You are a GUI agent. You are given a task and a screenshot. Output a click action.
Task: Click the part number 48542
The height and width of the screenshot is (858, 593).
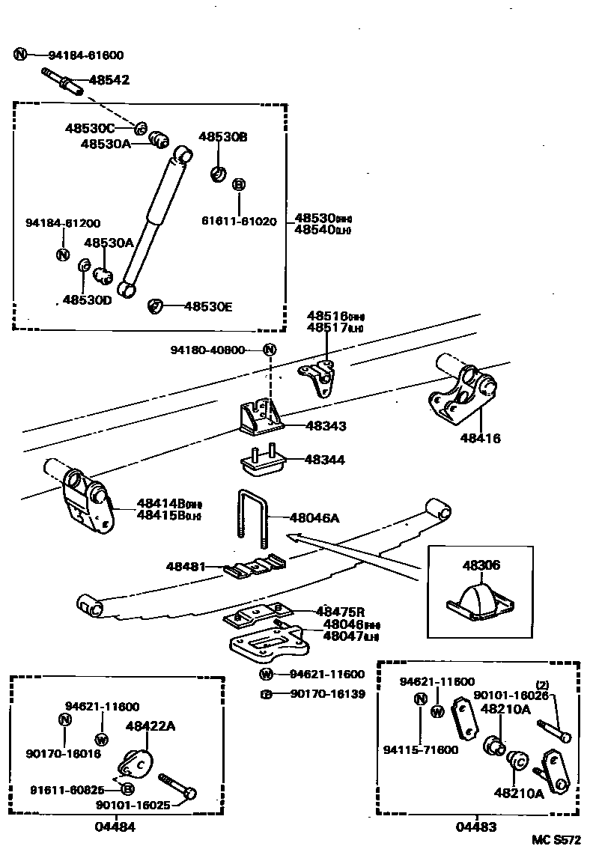click(x=109, y=79)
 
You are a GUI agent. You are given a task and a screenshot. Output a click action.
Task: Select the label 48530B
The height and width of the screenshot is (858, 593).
click(x=222, y=136)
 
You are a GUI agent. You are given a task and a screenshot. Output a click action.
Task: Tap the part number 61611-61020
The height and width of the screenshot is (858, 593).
click(x=239, y=222)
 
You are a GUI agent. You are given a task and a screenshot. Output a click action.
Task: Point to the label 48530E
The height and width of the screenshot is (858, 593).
click(x=208, y=306)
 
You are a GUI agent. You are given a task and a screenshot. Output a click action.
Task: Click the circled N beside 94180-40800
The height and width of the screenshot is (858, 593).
click(x=270, y=350)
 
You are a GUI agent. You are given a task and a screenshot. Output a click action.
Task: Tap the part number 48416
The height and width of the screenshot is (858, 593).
click(x=481, y=439)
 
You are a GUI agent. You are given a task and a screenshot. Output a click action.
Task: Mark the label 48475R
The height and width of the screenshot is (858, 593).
click(x=340, y=612)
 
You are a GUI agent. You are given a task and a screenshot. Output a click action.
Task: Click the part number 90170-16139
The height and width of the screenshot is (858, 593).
click(x=328, y=694)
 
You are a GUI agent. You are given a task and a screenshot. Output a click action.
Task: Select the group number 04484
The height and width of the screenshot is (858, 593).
click(x=115, y=827)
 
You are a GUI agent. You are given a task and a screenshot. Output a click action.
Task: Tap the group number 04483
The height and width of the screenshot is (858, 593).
click(x=476, y=827)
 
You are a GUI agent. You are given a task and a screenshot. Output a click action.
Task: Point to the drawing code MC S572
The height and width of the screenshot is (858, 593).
click(x=556, y=842)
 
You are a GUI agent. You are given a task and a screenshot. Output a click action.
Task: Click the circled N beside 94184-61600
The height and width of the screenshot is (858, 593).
click(x=20, y=55)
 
